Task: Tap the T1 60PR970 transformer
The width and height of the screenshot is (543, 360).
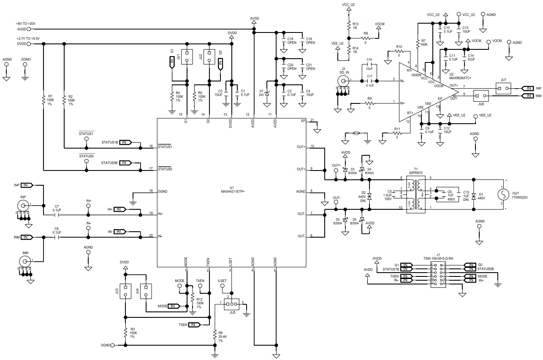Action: pos(419,195)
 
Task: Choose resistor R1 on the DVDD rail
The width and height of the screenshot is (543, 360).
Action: pos(43,100)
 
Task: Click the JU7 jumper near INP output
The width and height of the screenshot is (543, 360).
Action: pos(502,88)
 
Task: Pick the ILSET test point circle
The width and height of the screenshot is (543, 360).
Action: pos(223,286)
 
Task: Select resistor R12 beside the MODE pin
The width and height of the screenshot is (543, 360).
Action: pos(192,300)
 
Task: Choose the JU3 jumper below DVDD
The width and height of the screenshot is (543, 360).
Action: pos(125,291)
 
